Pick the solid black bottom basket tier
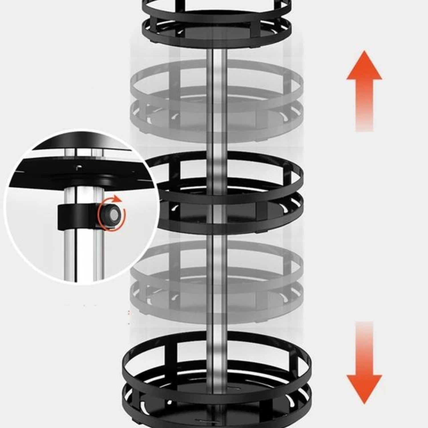click(x=217, y=379)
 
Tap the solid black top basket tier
click(x=217, y=23)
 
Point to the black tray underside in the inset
click(x=86, y=171)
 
